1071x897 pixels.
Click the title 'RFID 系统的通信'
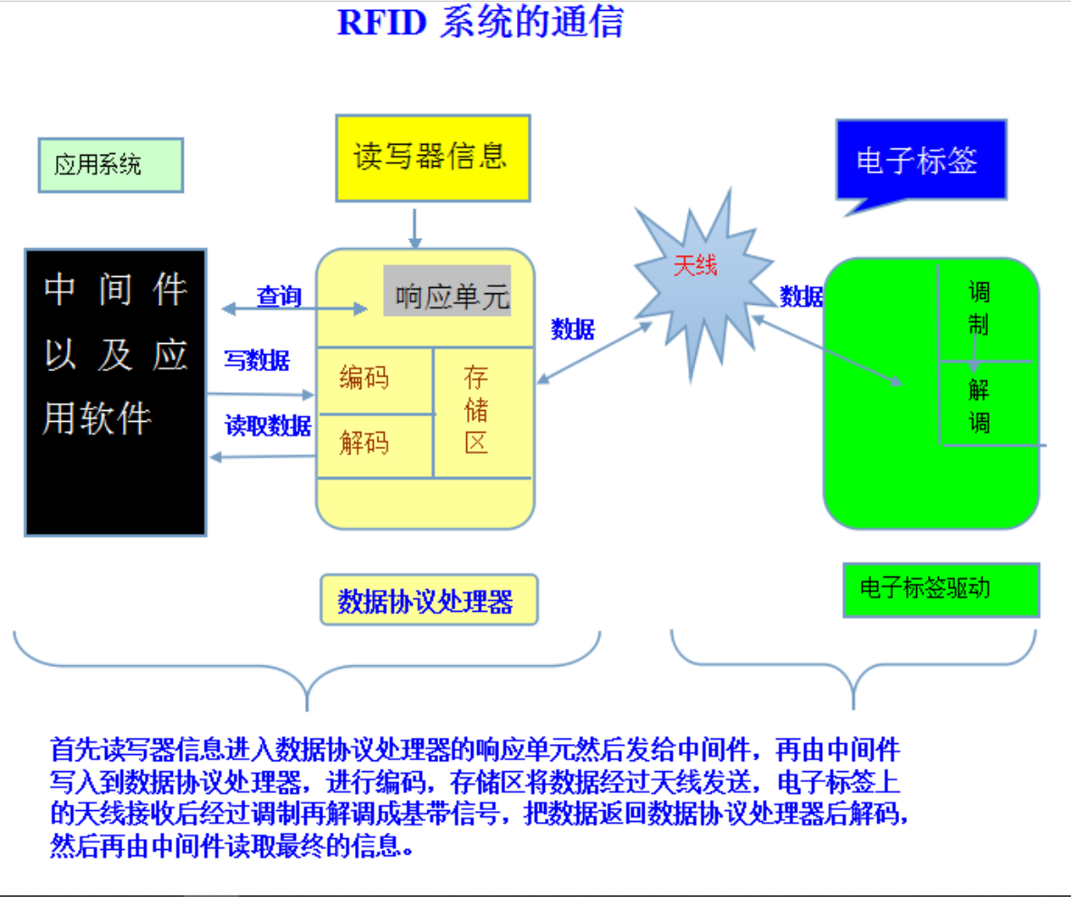click(x=480, y=22)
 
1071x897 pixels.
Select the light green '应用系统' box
click(x=110, y=165)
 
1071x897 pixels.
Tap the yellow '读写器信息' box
click(x=432, y=157)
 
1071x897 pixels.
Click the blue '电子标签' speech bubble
click(x=922, y=160)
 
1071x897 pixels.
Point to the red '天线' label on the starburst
click(x=694, y=266)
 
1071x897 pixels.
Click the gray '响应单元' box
click(x=448, y=291)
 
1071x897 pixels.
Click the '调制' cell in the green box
click(x=980, y=308)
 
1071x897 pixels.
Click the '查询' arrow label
click(x=279, y=296)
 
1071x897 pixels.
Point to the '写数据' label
click(x=257, y=360)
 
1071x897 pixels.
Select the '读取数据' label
click(x=268, y=425)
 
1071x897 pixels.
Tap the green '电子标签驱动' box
click(x=940, y=589)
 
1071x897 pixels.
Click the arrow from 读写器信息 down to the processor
click(x=415, y=228)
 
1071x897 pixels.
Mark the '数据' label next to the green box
click(x=801, y=296)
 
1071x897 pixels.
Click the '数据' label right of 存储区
click(x=573, y=329)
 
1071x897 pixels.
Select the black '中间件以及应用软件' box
click(x=116, y=392)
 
